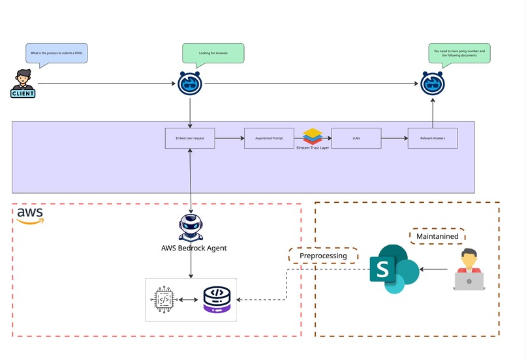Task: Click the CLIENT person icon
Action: click(x=23, y=83)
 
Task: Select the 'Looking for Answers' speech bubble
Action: click(x=213, y=53)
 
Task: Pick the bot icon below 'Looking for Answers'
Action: click(x=190, y=83)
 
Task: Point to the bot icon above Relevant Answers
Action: click(x=432, y=83)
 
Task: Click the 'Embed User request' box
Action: click(x=190, y=138)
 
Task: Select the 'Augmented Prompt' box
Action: click(x=269, y=138)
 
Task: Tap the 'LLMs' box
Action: click(x=356, y=138)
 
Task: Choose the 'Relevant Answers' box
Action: click(x=433, y=138)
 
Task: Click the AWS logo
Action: click(x=30, y=215)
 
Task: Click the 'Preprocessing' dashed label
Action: click(x=323, y=256)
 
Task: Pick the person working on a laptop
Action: click(x=469, y=269)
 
